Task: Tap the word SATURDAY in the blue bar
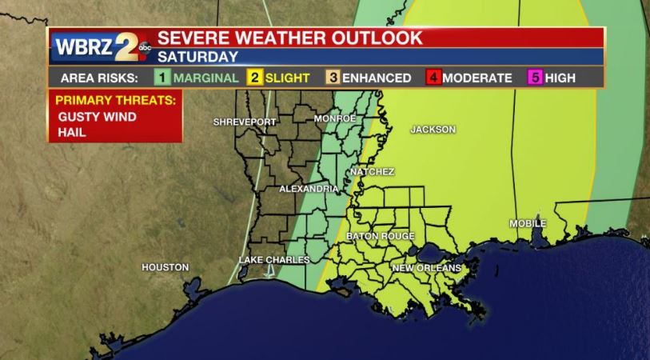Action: pyautogui.click(x=197, y=57)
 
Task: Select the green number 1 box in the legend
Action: pyautogui.click(x=162, y=78)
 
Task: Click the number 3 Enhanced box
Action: pyautogui.click(x=333, y=78)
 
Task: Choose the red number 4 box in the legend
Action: pyautogui.click(x=433, y=78)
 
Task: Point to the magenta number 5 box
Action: pyautogui.click(x=535, y=78)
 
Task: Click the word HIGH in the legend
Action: pyautogui.click(x=560, y=78)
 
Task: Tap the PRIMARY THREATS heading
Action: pyautogui.click(x=114, y=101)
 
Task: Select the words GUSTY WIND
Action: pyautogui.click(x=97, y=117)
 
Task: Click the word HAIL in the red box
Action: pyautogui.click(x=71, y=132)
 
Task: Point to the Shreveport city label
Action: pyautogui.click(x=245, y=122)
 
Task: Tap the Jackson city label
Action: pyautogui.click(x=433, y=129)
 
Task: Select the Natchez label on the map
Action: pyautogui.click(x=373, y=171)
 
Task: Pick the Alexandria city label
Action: pyautogui.click(x=309, y=189)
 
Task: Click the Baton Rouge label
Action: pyautogui.click(x=381, y=236)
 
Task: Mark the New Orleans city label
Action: pyautogui.click(x=426, y=267)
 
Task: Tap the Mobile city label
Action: pyautogui.click(x=528, y=223)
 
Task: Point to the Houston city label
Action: pyautogui.click(x=165, y=266)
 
